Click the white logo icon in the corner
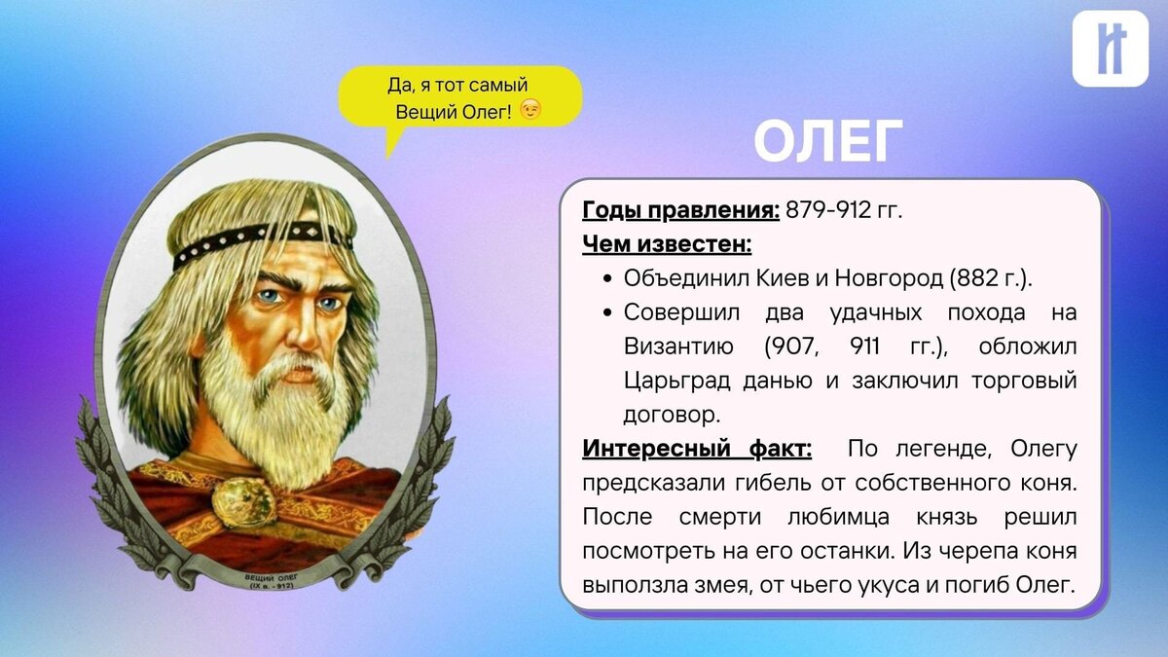(1110, 49)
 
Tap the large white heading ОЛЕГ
(828, 143)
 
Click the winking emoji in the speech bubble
(529, 111)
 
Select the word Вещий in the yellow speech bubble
(424, 112)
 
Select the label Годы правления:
(680, 209)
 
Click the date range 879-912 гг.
(844, 209)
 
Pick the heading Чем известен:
(666, 243)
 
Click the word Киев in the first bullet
(780, 278)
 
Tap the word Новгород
(886, 278)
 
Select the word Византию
(679, 347)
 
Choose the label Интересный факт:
(696, 449)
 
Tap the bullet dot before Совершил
(605, 312)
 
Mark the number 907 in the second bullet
(790, 347)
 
